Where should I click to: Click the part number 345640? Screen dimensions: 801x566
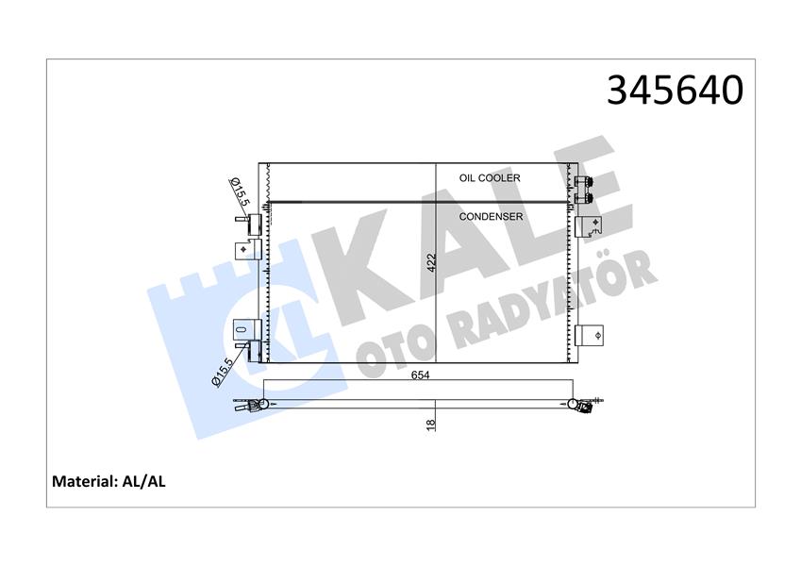point(675,90)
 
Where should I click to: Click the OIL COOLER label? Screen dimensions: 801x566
point(490,177)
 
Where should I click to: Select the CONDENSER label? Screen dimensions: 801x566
point(491,217)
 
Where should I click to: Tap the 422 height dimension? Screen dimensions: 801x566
point(431,262)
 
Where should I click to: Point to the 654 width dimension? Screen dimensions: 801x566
point(421,375)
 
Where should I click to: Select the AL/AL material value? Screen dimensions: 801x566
point(143,481)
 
